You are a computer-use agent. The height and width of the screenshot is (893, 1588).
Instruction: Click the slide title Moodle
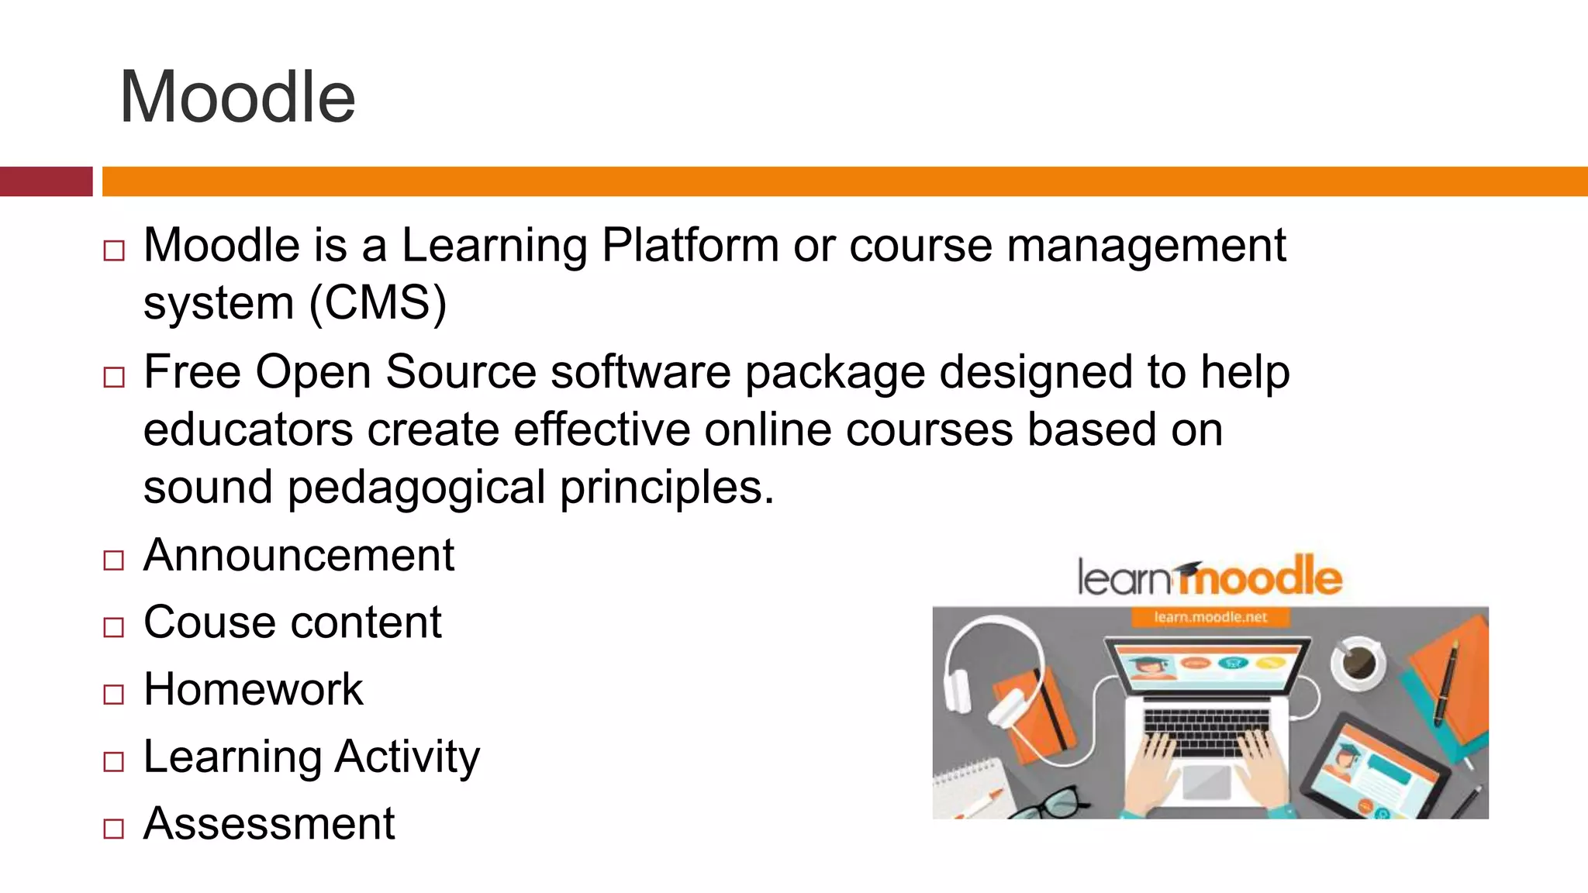[x=237, y=97]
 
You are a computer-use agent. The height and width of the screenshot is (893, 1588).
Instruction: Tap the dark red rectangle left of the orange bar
[x=46, y=181]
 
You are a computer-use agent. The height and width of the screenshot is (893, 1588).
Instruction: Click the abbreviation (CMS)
[x=378, y=302]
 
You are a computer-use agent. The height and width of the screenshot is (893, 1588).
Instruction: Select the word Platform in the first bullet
[x=690, y=246]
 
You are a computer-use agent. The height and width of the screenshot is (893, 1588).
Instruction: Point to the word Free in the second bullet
[x=192, y=372]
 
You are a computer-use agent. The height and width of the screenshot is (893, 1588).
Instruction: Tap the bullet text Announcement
[x=299, y=555]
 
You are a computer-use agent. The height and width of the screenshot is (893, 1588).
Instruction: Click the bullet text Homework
[x=253, y=689]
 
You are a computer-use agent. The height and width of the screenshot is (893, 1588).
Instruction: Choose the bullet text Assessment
[x=269, y=823]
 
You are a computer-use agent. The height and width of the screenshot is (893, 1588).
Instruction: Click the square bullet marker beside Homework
[x=113, y=694]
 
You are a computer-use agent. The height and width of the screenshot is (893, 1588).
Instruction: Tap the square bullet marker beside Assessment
[x=113, y=828]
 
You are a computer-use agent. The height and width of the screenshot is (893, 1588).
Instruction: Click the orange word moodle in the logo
[x=1260, y=578]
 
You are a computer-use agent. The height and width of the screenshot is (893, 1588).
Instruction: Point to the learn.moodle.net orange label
[x=1210, y=617]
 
